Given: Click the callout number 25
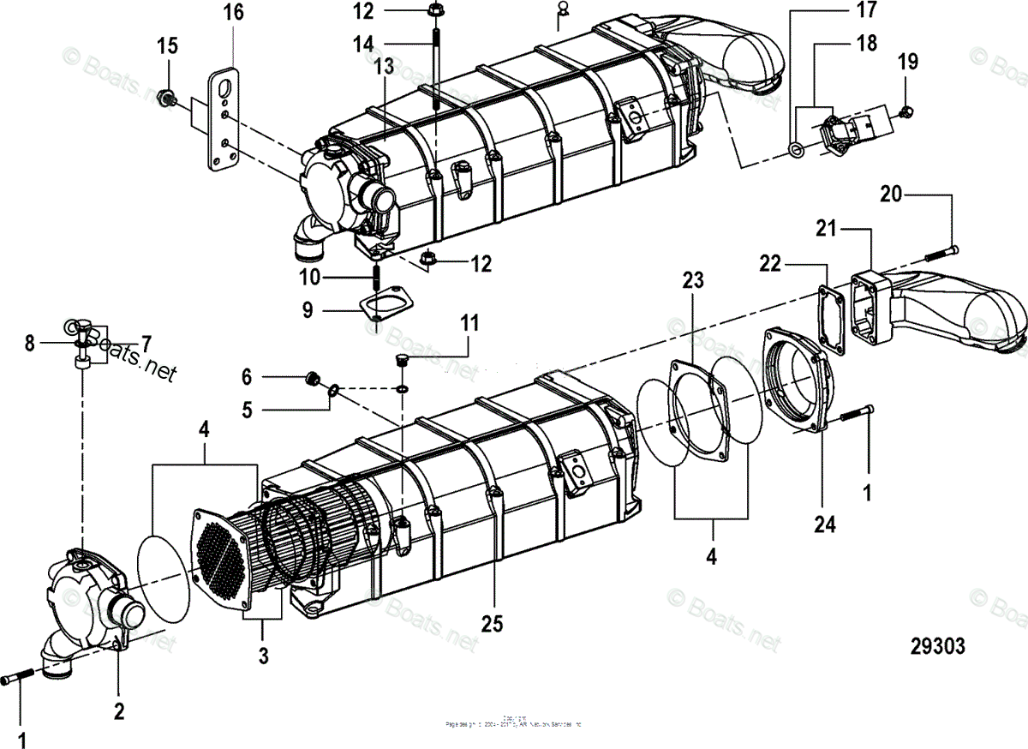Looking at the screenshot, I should click(491, 624).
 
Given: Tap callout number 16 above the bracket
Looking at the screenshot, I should click(233, 14).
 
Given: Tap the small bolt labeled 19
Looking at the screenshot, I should click(909, 111).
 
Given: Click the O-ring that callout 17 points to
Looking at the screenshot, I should click(797, 151).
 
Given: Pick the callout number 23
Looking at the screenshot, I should click(692, 279).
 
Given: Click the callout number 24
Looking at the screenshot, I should click(825, 524).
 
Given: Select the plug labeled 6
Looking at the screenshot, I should click(314, 377).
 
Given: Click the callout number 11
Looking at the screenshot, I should click(469, 324).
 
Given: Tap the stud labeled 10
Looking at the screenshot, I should click(374, 279).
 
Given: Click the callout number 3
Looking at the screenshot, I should click(263, 656).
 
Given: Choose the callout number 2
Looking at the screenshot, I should click(119, 710).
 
